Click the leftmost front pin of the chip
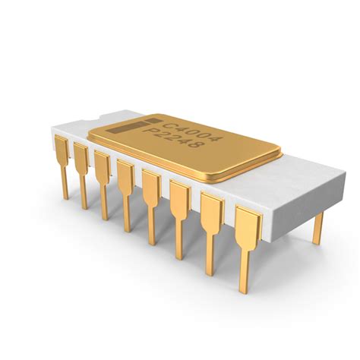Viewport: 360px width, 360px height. tap(63, 163)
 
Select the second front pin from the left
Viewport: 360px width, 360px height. tap(81, 170)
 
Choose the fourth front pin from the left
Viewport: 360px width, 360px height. tap(125, 188)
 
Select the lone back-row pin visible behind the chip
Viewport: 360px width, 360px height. tap(317, 226)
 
